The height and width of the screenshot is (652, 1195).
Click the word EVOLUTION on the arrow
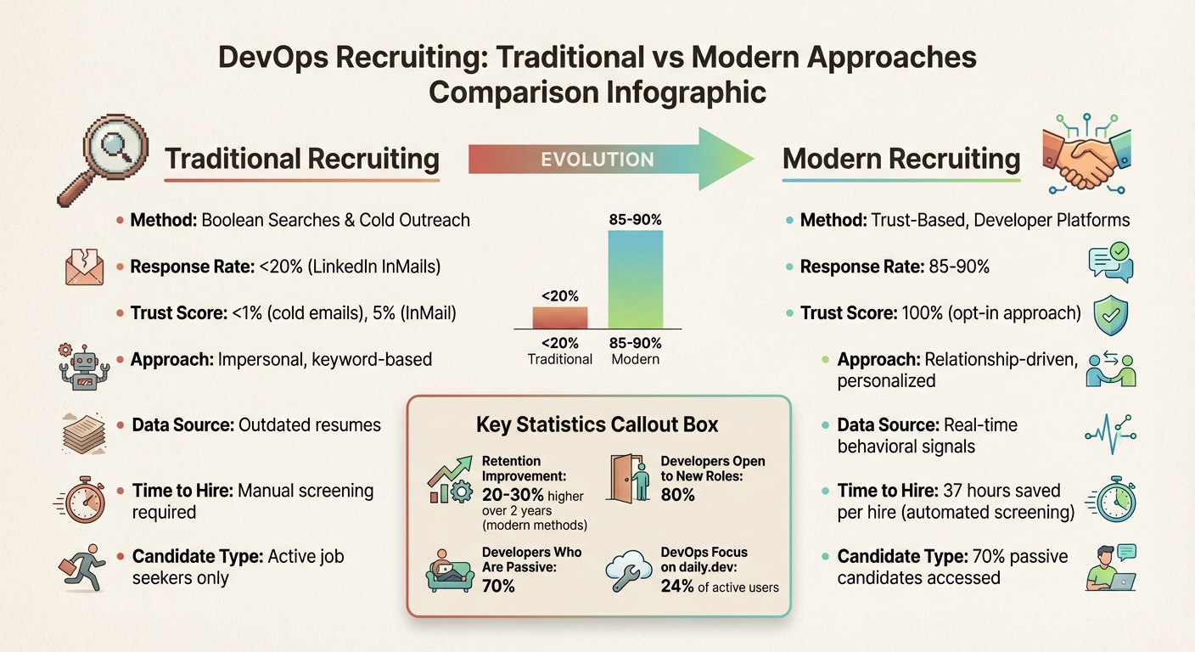click(598, 160)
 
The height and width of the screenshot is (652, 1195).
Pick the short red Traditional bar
click(559, 318)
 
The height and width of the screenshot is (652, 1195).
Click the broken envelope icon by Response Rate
click(83, 267)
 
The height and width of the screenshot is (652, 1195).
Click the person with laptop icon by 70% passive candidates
click(1110, 567)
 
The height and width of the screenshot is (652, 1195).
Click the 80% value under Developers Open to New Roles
click(678, 494)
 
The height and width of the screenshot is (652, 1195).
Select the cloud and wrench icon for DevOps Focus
click(629, 571)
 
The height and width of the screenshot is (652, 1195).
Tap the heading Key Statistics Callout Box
click(597, 424)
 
